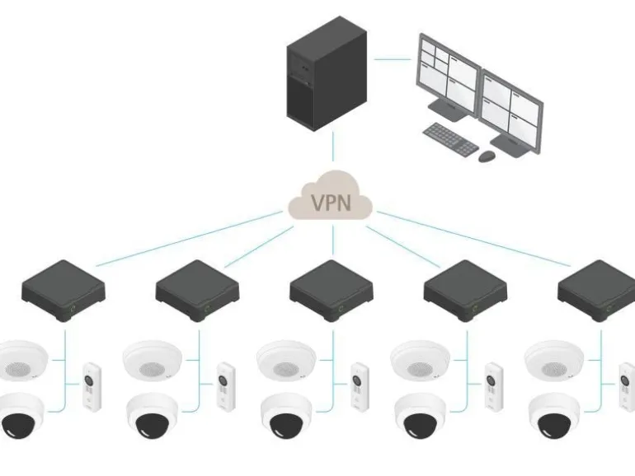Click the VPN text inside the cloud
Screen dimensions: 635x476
pos(331,203)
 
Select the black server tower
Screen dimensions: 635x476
pos(327,73)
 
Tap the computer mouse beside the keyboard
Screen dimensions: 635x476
pos(487,156)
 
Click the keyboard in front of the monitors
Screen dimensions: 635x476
pos(450,138)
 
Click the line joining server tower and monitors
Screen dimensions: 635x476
pos(392,59)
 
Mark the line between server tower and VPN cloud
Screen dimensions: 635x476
pos(333,146)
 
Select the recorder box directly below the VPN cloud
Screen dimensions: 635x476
pos(332,291)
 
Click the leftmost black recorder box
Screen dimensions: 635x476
pos(63,291)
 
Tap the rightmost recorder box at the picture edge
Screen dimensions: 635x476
pos(597,291)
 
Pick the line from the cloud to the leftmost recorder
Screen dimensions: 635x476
pos(189,239)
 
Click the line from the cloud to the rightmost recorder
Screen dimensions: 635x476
pos(474,239)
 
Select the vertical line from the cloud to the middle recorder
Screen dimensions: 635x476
pos(333,240)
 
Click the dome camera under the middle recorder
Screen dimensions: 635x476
pos(286,416)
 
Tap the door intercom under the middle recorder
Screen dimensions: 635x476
pos(360,387)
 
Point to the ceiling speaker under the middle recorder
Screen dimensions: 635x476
pos(286,360)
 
